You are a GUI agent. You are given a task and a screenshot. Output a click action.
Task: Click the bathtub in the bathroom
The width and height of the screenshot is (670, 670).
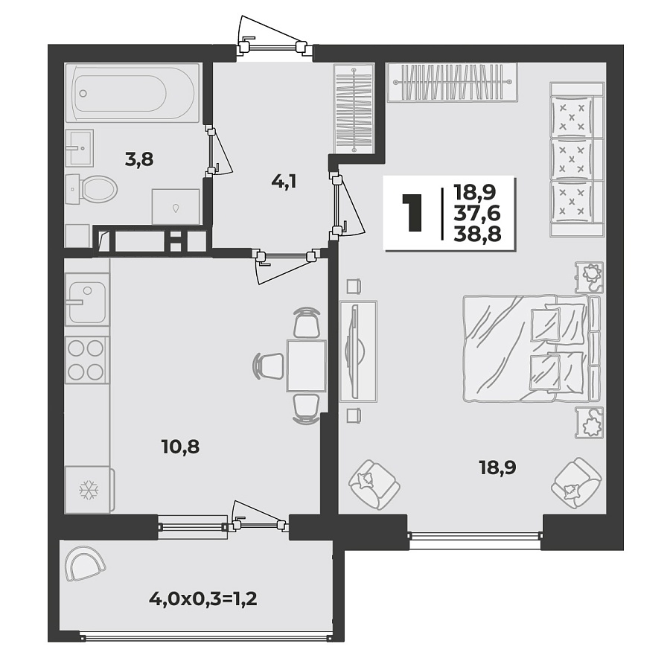coord(133,93)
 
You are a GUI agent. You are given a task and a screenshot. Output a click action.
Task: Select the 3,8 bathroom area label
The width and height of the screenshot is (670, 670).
coord(138,158)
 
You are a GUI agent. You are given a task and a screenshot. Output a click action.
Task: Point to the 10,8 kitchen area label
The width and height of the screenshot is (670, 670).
coord(180,447)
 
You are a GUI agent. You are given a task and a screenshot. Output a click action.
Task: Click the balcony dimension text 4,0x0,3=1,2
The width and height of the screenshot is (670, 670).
coord(203,599)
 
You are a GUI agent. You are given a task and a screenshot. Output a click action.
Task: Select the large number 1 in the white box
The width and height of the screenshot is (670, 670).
coord(412,213)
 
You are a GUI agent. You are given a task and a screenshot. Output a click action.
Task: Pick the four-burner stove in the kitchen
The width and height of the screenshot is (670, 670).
coord(86,360)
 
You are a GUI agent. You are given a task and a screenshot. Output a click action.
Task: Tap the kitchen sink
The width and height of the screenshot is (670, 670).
coord(88,299)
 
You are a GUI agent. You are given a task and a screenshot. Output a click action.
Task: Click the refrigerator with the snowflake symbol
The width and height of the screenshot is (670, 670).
coord(89,489)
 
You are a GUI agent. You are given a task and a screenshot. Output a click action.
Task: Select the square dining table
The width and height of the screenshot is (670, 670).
coord(306,366)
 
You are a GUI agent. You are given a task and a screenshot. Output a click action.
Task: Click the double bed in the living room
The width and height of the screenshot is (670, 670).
coord(530,348)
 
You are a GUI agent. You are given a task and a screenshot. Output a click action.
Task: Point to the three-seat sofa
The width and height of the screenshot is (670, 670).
coord(575,159)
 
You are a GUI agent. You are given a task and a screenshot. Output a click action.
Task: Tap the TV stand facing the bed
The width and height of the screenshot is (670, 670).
coord(358,351)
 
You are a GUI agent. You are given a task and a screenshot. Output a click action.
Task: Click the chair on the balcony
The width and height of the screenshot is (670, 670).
coord(84,564)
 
